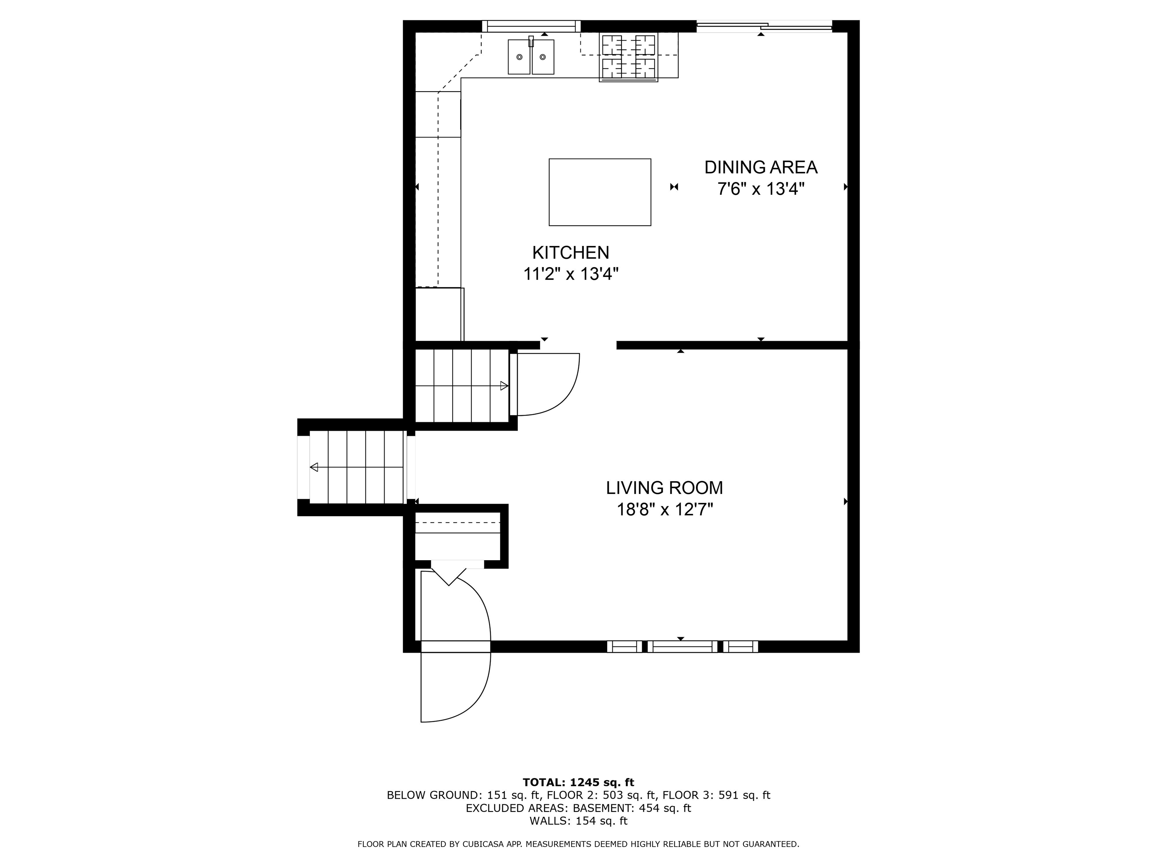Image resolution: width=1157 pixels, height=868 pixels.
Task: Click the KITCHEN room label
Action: (x=571, y=253)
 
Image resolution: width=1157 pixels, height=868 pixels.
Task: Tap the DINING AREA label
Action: (x=760, y=167)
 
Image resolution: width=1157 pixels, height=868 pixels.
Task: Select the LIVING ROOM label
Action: (x=664, y=487)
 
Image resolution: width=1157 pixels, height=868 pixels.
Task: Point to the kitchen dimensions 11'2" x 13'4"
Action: (x=571, y=274)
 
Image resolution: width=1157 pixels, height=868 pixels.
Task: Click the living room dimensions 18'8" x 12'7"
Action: (x=664, y=509)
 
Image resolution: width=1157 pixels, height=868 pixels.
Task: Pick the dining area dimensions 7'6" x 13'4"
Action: (x=760, y=189)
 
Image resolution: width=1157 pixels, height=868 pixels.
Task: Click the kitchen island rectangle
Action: (x=600, y=192)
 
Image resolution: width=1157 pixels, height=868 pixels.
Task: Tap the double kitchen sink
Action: (x=531, y=57)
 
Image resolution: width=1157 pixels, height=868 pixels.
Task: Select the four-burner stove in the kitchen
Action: (x=629, y=57)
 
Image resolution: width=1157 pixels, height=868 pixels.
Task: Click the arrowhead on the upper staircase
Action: (x=504, y=386)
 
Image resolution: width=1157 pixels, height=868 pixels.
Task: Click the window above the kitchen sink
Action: (x=531, y=26)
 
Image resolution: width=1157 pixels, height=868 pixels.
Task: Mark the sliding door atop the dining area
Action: (x=764, y=26)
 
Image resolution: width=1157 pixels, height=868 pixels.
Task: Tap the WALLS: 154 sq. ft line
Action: (x=578, y=821)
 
